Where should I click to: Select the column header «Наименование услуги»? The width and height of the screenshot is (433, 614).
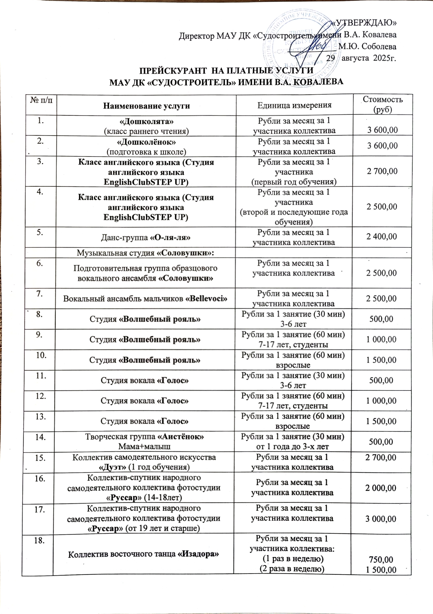coord(146,106)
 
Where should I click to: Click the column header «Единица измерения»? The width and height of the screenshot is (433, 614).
coord(294,105)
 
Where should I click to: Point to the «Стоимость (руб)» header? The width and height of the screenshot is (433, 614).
coord(382,104)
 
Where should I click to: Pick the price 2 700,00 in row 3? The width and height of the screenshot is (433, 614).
coord(382,171)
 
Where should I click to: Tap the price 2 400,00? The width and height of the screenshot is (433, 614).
coord(382,237)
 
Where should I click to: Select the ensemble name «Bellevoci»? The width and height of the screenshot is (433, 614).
coord(207,299)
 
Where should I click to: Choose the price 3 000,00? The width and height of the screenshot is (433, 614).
coord(381,519)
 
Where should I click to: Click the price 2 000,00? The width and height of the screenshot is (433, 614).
coord(381,488)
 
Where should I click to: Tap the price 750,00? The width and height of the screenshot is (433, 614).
coord(381,559)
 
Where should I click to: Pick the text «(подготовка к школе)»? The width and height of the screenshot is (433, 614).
coord(146,152)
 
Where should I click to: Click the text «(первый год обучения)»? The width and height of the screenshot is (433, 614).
coord(294,182)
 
